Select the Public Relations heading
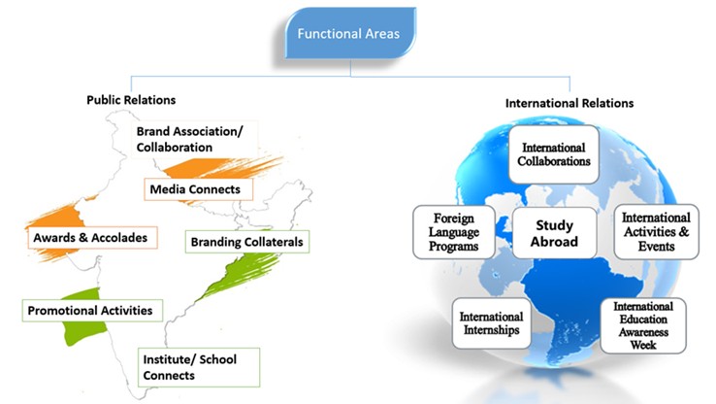click(x=131, y=100)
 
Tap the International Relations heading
click(x=570, y=102)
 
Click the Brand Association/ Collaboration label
click(x=189, y=138)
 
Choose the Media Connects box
click(x=198, y=188)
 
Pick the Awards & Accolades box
click(x=89, y=236)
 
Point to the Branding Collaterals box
click(x=247, y=242)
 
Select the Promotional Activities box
click(x=92, y=311)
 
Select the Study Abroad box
click(x=556, y=233)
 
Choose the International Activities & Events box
click(x=656, y=232)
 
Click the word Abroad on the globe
click(x=556, y=242)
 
